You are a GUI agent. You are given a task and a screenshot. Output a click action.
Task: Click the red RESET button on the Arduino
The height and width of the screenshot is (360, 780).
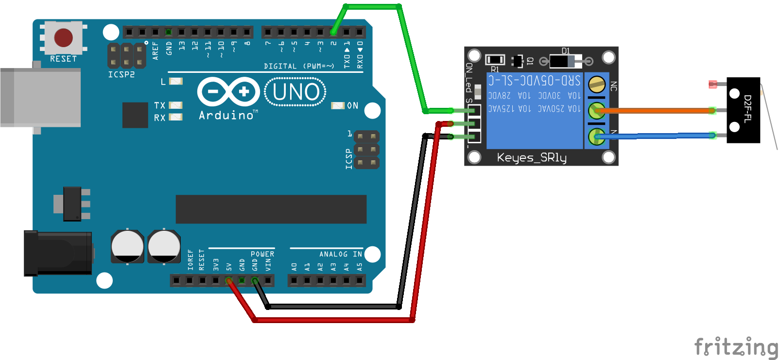pos(64,37)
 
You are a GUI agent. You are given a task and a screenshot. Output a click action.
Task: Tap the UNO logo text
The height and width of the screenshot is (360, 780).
pos(295,92)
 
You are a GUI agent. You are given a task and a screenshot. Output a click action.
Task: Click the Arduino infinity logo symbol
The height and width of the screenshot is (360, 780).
pos(228,91)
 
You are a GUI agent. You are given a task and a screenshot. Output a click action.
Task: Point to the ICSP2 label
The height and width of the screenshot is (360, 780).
pos(121,75)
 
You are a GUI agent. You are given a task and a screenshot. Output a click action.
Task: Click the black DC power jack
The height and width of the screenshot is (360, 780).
pos(58,253)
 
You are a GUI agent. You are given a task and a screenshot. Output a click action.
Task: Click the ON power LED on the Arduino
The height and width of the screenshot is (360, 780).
pos(338,105)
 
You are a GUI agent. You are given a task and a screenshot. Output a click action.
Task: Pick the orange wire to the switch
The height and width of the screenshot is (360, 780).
pos(656,111)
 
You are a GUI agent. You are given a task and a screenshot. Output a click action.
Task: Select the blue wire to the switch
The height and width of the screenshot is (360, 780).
pos(656,136)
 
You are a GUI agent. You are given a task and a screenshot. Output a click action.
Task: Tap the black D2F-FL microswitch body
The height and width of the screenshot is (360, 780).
pos(743,110)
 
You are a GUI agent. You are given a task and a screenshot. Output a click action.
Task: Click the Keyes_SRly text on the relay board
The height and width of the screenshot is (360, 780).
pos(532,157)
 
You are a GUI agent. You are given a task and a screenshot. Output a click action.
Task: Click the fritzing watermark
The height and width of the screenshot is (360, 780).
pos(736,347)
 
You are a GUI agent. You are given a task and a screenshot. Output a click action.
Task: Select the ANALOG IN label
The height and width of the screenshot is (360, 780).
pos(340,254)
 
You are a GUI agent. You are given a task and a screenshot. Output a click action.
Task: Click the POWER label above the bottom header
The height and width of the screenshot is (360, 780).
pos(262,254)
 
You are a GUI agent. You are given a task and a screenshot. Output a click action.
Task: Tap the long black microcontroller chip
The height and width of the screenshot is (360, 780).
pos(271,209)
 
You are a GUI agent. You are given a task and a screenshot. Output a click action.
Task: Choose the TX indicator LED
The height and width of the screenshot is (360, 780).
pos(175,105)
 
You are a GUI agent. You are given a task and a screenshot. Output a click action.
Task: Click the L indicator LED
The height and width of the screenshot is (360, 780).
pos(175,81)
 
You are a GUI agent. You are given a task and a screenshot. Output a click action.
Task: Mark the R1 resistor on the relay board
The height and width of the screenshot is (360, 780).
pos(495,60)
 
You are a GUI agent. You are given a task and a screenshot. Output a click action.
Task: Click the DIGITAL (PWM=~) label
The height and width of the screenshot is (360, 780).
pos(299,66)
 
